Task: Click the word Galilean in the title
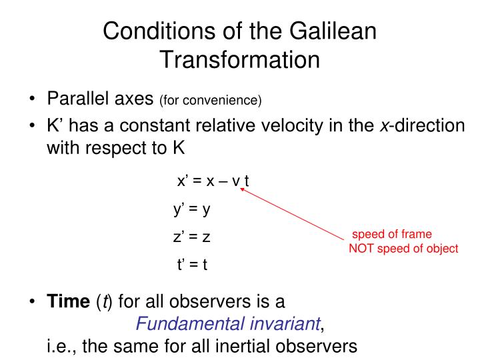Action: (x=333, y=31)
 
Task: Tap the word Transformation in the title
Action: (x=240, y=59)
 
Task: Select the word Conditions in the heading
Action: (x=159, y=31)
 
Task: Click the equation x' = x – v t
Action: (x=213, y=181)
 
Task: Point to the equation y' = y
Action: (x=192, y=209)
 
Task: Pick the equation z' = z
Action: (x=191, y=237)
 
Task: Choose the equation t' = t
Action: (x=192, y=264)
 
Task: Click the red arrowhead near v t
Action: (x=242, y=190)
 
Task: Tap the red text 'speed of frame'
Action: (x=392, y=234)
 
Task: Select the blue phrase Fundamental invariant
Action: (x=228, y=323)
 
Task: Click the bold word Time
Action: (x=68, y=301)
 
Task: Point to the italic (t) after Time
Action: (x=104, y=301)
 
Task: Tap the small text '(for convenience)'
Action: (x=211, y=101)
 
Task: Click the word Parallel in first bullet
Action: (x=78, y=99)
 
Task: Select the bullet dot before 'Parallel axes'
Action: (x=32, y=99)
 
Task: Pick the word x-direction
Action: (x=423, y=125)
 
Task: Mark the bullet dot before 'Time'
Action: (x=32, y=301)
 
